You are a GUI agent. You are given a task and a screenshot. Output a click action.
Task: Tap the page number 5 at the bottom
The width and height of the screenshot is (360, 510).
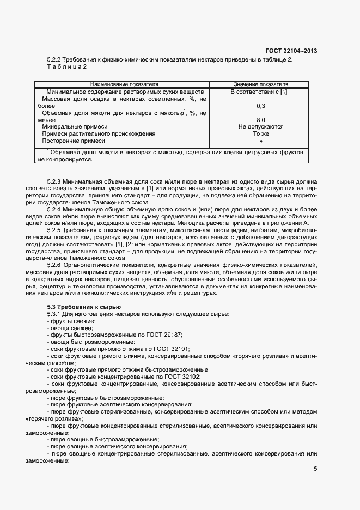[315, 469]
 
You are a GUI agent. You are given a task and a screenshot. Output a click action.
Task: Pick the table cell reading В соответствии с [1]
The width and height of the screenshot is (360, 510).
[259, 92]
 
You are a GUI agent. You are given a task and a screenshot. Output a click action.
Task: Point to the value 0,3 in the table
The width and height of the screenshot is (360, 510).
[260, 106]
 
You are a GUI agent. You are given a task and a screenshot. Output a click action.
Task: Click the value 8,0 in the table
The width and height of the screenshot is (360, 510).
[260, 119]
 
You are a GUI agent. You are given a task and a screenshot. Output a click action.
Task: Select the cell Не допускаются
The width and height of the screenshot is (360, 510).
[260, 126]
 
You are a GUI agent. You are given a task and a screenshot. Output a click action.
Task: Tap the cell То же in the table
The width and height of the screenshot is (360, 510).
[260, 133]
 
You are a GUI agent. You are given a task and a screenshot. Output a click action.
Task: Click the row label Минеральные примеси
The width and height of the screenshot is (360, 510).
[75, 126]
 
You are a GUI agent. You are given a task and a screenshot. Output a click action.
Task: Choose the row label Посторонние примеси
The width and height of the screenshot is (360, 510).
[74, 141]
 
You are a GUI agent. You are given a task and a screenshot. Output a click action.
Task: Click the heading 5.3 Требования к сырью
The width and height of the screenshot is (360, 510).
[80, 308]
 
